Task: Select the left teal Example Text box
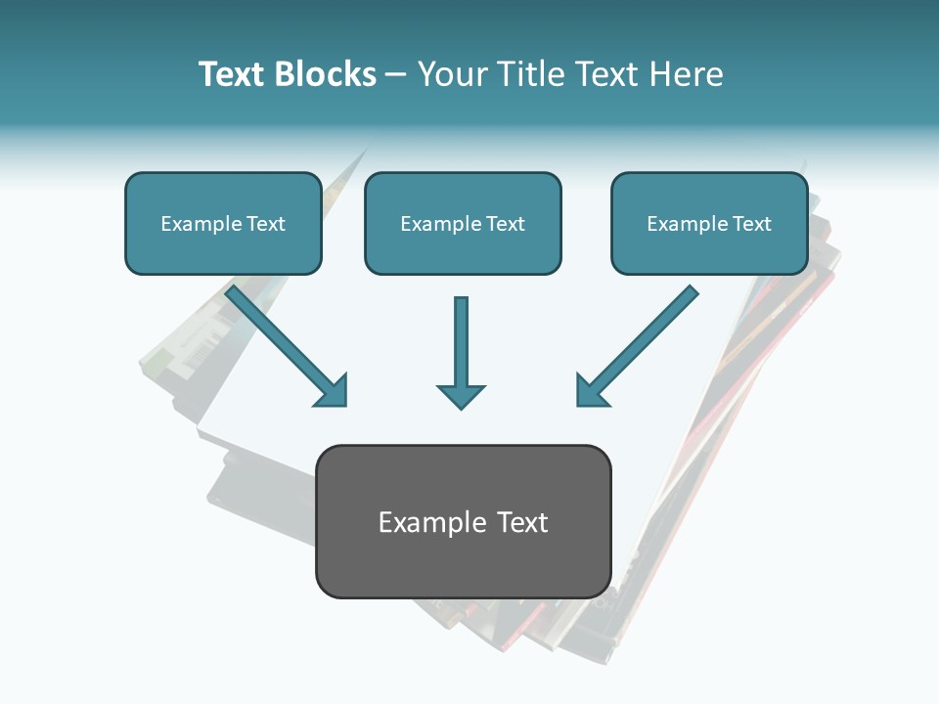coord(223,223)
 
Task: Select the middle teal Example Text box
coord(463,223)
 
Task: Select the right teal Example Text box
coord(709,223)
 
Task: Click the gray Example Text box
coord(463,521)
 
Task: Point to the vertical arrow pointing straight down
coord(461,347)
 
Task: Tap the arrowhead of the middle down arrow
coord(461,395)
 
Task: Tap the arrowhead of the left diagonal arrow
coord(333,391)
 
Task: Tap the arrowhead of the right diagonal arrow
coord(591,391)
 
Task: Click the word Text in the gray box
coord(522,522)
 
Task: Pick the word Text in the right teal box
coord(751,224)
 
